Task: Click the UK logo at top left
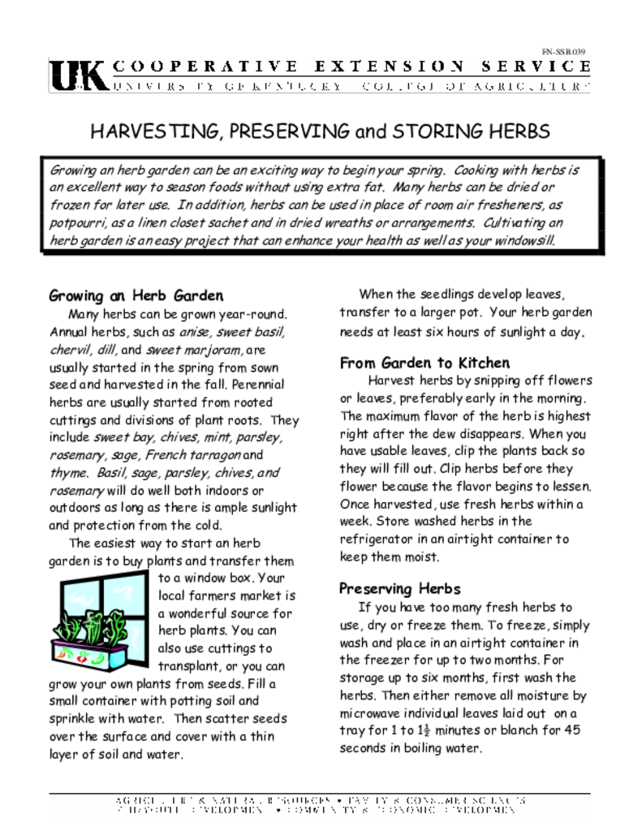click(x=78, y=75)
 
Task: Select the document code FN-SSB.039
click(x=563, y=52)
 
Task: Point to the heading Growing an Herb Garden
click(x=136, y=295)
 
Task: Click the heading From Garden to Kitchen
click(x=424, y=363)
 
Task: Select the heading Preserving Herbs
click(x=399, y=588)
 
